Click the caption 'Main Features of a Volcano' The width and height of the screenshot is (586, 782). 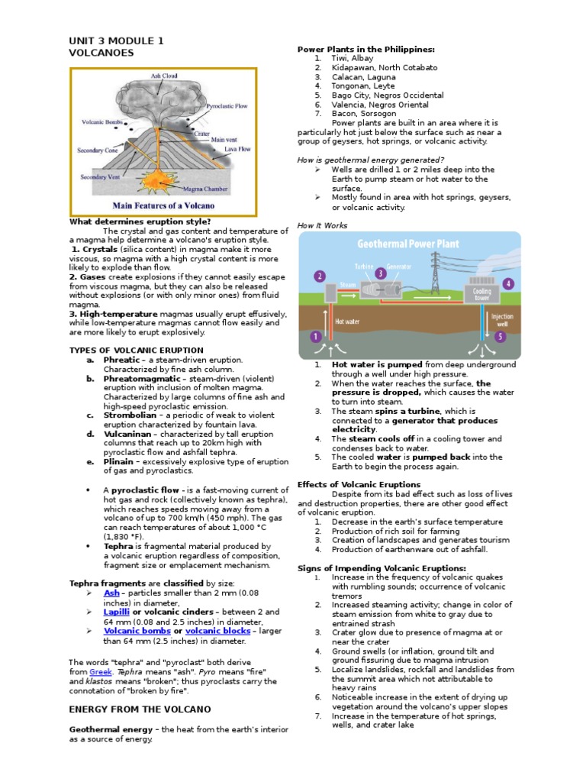(x=163, y=205)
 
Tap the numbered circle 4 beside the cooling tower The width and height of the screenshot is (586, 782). (x=509, y=283)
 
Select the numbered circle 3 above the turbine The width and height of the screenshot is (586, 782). (x=380, y=273)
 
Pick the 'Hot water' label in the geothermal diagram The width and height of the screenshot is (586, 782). (x=348, y=322)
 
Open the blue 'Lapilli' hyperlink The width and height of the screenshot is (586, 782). (x=118, y=612)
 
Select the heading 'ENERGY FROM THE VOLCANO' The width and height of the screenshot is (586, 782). (x=130, y=709)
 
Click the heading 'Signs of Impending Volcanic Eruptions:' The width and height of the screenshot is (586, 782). (x=382, y=568)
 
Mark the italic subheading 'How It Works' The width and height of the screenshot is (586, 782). (x=322, y=225)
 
